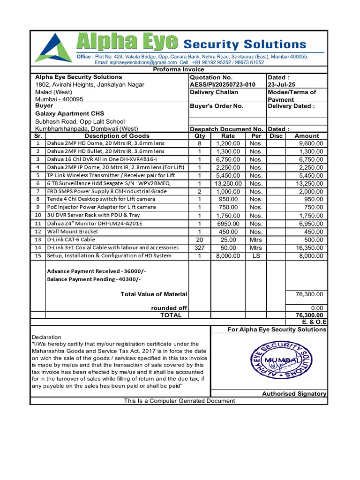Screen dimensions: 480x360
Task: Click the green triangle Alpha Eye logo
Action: coord(53,48)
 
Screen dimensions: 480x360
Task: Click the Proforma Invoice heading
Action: coord(179,69)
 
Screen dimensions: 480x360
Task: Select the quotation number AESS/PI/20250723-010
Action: coord(223,84)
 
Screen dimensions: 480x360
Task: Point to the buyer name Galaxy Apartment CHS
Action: coord(70,113)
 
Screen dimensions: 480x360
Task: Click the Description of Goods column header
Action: coord(117,136)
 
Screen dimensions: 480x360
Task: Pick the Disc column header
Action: coord(276,136)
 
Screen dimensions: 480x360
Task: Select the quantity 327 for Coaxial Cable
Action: coord(199,247)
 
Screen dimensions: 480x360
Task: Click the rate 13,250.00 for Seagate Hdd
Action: coord(228,183)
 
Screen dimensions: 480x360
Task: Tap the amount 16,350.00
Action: coord(307,247)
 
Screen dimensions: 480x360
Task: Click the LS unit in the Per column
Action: coord(256,256)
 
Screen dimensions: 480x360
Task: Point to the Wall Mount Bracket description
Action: coord(73,232)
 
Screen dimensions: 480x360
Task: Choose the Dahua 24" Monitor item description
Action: coord(94,224)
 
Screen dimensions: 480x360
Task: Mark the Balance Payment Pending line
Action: coord(94,279)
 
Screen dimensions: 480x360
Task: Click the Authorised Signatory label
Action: coord(294,394)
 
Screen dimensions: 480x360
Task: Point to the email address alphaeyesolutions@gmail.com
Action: coord(136,62)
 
